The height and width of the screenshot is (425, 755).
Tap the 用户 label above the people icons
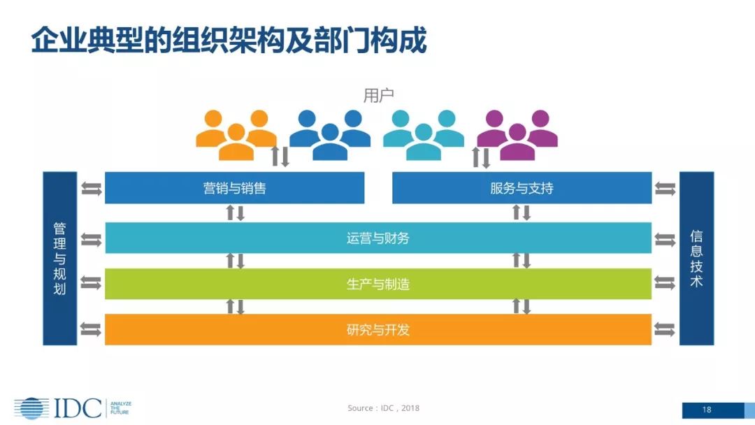pyautogui.click(x=378, y=96)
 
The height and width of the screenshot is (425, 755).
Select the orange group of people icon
pyautogui.click(x=236, y=134)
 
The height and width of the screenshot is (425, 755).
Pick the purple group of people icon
pyautogui.click(x=517, y=134)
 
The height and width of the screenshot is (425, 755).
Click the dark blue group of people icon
pyautogui.click(x=330, y=134)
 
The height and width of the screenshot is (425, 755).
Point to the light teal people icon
pyautogui.click(x=423, y=134)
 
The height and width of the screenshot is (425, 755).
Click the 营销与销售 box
pyautogui.click(x=234, y=188)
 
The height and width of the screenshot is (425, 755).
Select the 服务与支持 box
pyautogui.click(x=522, y=188)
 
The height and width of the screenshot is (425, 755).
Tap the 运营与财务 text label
pyautogui.click(x=378, y=238)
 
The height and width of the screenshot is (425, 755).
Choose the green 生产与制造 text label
pyautogui.click(x=378, y=284)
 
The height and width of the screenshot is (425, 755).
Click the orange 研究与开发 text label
pyautogui.click(x=378, y=329)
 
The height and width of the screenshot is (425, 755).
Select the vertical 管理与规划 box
pyautogui.click(x=60, y=259)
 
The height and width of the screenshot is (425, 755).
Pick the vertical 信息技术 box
pyautogui.click(x=696, y=259)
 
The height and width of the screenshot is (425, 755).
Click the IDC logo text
pyautogui.click(x=77, y=408)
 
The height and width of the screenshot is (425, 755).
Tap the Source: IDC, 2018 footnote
pyautogui.click(x=383, y=408)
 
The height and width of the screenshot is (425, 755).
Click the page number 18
pyautogui.click(x=706, y=410)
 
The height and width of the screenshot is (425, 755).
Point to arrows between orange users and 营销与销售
pyautogui.click(x=280, y=157)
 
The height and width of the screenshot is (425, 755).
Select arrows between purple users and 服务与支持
pyautogui.click(x=482, y=157)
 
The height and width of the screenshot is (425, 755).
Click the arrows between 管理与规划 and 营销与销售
pyautogui.click(x=91, y=188)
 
